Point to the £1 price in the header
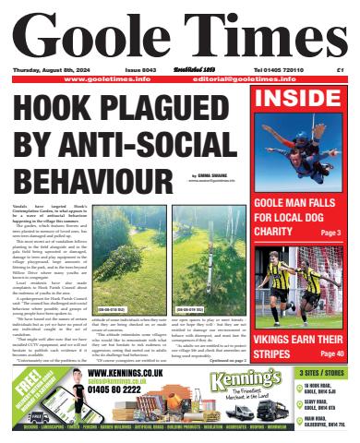tap(341, 69)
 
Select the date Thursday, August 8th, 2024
tap(54, 69)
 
